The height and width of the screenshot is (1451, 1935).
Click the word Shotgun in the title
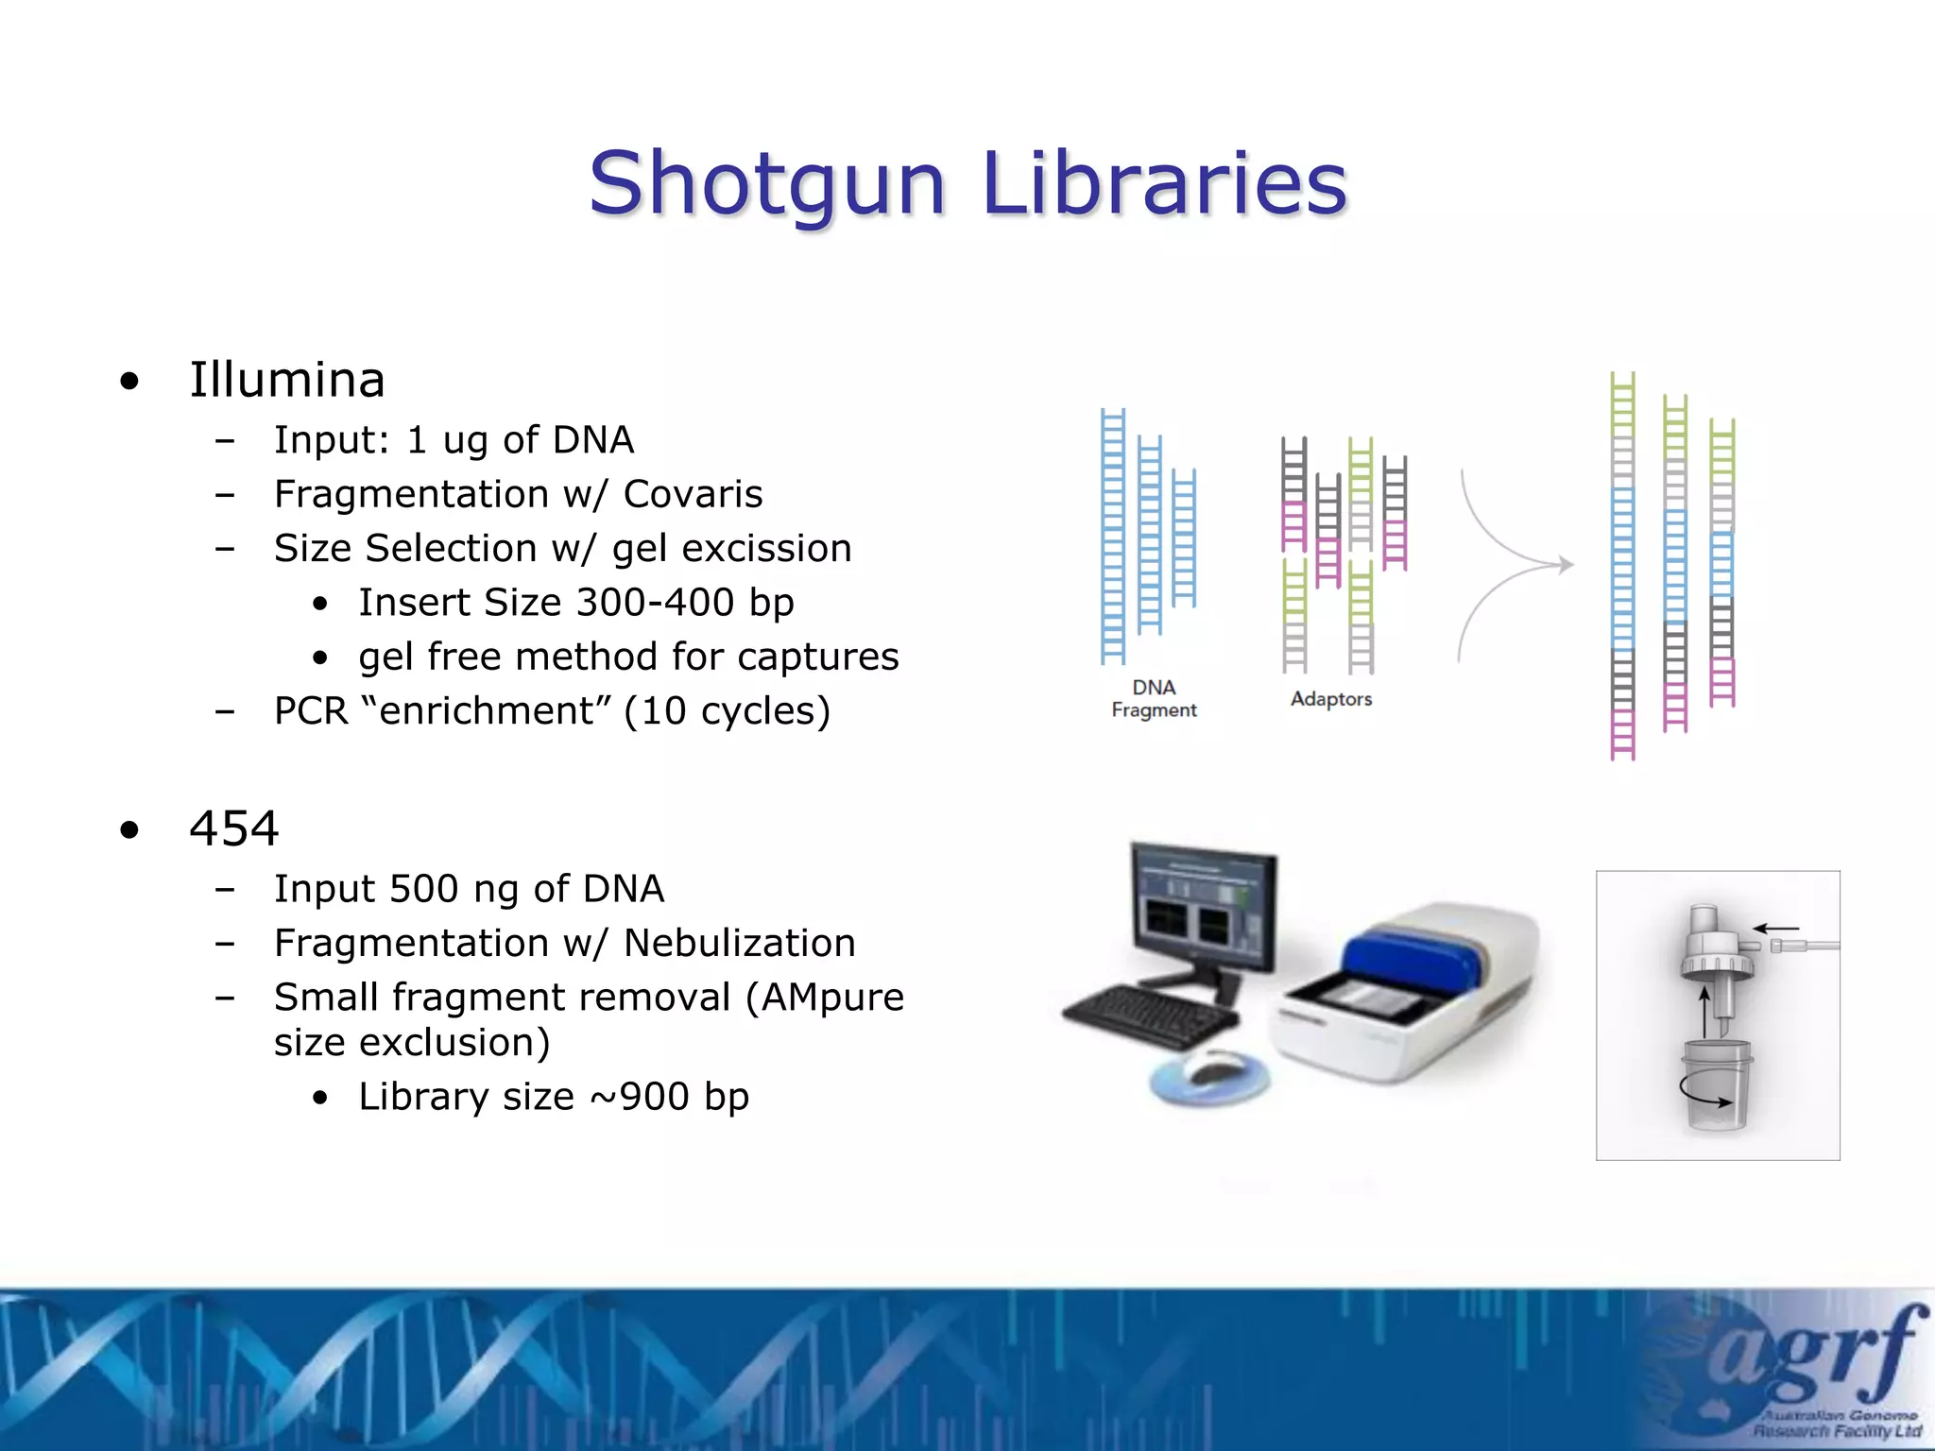(766, 184)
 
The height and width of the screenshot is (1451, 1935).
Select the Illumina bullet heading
(287, 380)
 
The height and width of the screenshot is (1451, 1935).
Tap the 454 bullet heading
(233, 828)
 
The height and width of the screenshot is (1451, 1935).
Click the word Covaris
(693, 494)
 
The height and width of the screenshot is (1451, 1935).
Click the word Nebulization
(739, 943)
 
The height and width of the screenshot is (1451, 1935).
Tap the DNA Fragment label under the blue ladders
(1154, 699)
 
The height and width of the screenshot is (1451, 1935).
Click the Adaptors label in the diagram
(1331, 699)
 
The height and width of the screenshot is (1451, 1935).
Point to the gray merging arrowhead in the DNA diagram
(1566, 565)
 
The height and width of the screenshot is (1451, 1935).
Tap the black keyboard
(1149, 1016)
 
